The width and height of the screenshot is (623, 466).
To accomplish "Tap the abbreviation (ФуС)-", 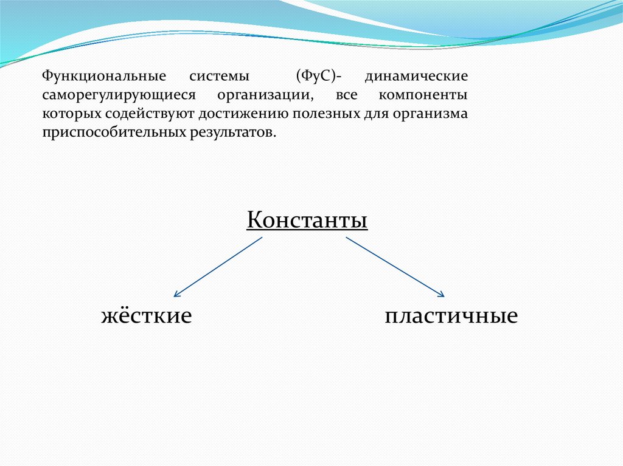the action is pyautogui.click(x=319, y=77).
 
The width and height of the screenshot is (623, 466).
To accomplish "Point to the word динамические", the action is pyautogui.click(x=417, y=77).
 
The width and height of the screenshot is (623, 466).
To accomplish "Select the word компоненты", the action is pyautogui.click(x=423, y=96).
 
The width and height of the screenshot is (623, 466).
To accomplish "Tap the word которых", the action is pyautogui.click(x=69, y=114).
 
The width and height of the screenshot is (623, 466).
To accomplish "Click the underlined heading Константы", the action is pyautogui.click(x=307, y=220).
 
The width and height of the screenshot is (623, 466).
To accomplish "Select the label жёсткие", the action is pyautogui.click(x=146, y=316).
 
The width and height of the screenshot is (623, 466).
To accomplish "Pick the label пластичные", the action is pyautogui.click(x=451, y=316).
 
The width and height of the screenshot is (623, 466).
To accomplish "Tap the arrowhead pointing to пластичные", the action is pyautogui.click(x=441, y=295).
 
